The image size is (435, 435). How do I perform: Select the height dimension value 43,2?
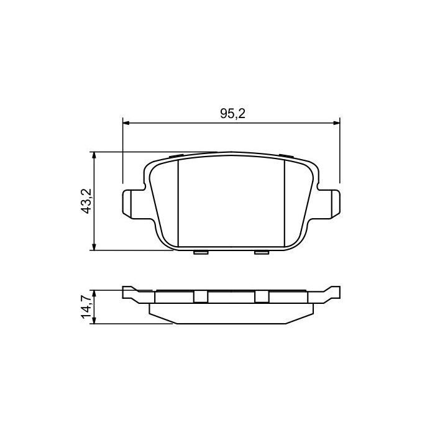click(86, 201)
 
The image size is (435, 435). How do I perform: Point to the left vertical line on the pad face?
click(178, 202)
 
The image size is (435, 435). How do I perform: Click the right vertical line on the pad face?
click(285, 202)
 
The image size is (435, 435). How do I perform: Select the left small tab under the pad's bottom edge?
click(201, 252)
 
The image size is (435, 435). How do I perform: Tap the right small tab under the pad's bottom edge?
click(262, 252)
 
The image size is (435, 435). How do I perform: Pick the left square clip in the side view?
click(200, 297)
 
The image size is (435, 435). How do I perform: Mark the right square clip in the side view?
click(262, 297)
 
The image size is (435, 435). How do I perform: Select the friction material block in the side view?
click(231, 313)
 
